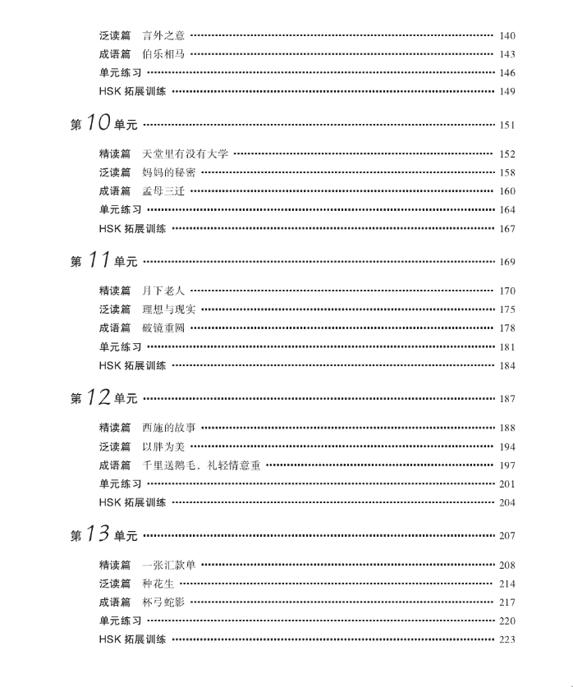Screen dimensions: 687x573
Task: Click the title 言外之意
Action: [163, 35]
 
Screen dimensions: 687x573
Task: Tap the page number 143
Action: [507, 54]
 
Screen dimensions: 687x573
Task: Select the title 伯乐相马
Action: [163, 54]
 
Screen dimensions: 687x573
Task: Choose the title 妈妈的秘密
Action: [168, 172]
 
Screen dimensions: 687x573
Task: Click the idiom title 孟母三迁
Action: [163, 191]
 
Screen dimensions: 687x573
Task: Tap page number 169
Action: [507, 263]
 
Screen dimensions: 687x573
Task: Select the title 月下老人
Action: [163, 291]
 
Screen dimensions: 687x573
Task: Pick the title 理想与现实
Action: [168, 309]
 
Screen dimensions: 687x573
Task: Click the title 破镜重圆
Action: [163, 328]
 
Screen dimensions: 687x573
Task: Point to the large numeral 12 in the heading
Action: [98, 398]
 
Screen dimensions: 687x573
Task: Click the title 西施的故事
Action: [168, 428]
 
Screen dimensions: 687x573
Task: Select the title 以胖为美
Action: [163, 447]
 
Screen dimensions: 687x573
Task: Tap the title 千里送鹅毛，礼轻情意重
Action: [201, 465]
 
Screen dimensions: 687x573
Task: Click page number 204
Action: [507, 502]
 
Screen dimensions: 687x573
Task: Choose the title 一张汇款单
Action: [168, 565]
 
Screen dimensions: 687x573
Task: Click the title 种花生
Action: [158, 584]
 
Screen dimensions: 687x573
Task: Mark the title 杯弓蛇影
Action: [163, 602]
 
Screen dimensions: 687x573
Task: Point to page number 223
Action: [507, 639]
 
